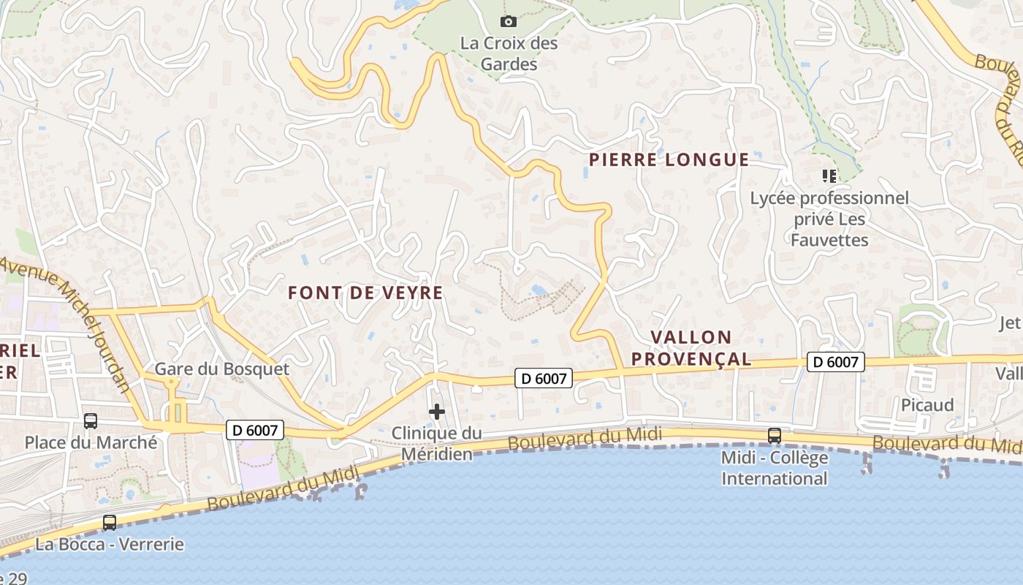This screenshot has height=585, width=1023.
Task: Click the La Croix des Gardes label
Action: coord(509,53)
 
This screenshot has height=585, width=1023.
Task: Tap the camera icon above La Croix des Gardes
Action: coord(508,21)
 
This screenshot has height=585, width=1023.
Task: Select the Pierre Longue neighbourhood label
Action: coord(669,159)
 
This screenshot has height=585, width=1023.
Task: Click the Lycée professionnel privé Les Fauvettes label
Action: coord(829,219)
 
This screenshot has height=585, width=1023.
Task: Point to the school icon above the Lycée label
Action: coord(829,175)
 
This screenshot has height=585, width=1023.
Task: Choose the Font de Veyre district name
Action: coord(365,292)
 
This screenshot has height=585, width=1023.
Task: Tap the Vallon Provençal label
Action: coord(691,347)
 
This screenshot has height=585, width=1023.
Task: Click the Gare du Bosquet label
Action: coord(222,369)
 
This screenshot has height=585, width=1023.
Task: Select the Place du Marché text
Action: coord(91,442)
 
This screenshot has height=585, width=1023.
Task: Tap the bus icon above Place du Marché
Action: coord(91,421)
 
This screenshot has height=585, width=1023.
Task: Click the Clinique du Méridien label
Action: coord(437,443)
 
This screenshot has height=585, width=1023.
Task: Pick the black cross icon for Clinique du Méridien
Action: coord(437,412)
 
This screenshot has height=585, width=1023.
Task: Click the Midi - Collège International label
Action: coord(775,468)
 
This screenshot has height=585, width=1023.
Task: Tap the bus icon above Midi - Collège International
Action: coord(775,436)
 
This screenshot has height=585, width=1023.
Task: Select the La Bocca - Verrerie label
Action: coord(110,544)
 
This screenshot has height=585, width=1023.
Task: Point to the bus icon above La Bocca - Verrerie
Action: coord(110,523)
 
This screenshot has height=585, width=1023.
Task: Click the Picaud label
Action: coord(927,405)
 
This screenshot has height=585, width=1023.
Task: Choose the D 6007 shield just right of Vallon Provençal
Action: coord(836,361)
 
